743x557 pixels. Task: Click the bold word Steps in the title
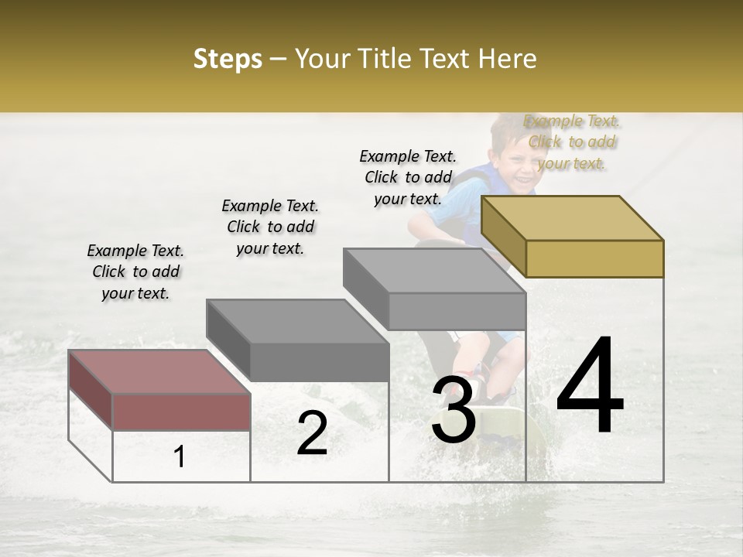pyautogui.click(x=228, y=59)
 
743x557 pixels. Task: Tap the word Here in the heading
pyautogui.click(x=507, y=59)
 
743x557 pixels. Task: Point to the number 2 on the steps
pyautogui.click(x=312, y=433)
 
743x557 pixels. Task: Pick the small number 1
pyautogui.click(x=180, y=457)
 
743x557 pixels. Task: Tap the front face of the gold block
pyautogui.click(x=594, y=258)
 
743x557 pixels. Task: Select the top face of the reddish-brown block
pyautogui.click(x=159, y=371)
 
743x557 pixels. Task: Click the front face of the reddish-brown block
pyautogui.click(x=181, y=411)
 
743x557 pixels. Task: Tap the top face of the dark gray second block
pyautogui.click(x=297, y=320)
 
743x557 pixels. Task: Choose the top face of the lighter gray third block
pyautogui.click(x=435, y=271)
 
